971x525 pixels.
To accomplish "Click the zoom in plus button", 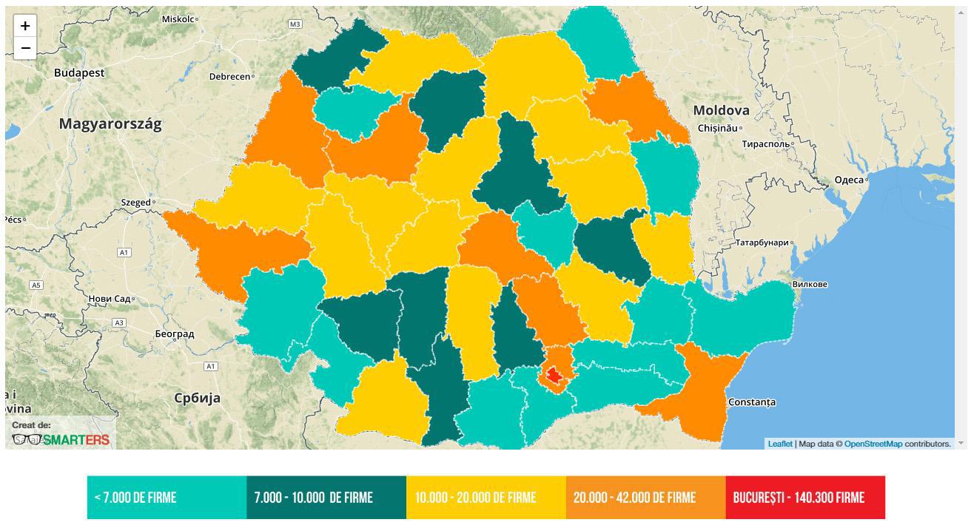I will point(25,26).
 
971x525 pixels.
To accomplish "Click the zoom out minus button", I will point(25,48).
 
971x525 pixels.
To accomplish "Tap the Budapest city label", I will point(79,73).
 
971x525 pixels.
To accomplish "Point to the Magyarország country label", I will point(110,124).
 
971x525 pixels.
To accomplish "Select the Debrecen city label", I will point(229,76).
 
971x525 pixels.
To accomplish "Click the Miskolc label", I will point(178,19).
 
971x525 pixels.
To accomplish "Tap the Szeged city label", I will point(136,203).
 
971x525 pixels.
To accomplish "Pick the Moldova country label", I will point(721,111).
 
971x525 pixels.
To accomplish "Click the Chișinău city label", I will point(718,129).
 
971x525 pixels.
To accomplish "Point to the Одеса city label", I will point(849,180).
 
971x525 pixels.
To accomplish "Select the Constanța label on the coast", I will point(752,402).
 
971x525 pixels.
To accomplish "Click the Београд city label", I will point(175,334).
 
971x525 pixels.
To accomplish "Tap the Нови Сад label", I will point(110,299).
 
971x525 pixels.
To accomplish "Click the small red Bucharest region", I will point(554,375).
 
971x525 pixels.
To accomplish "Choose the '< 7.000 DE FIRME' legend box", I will point(167,498).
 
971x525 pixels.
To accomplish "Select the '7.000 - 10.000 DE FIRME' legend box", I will point(326,498).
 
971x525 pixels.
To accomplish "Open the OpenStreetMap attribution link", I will point(873,444).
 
